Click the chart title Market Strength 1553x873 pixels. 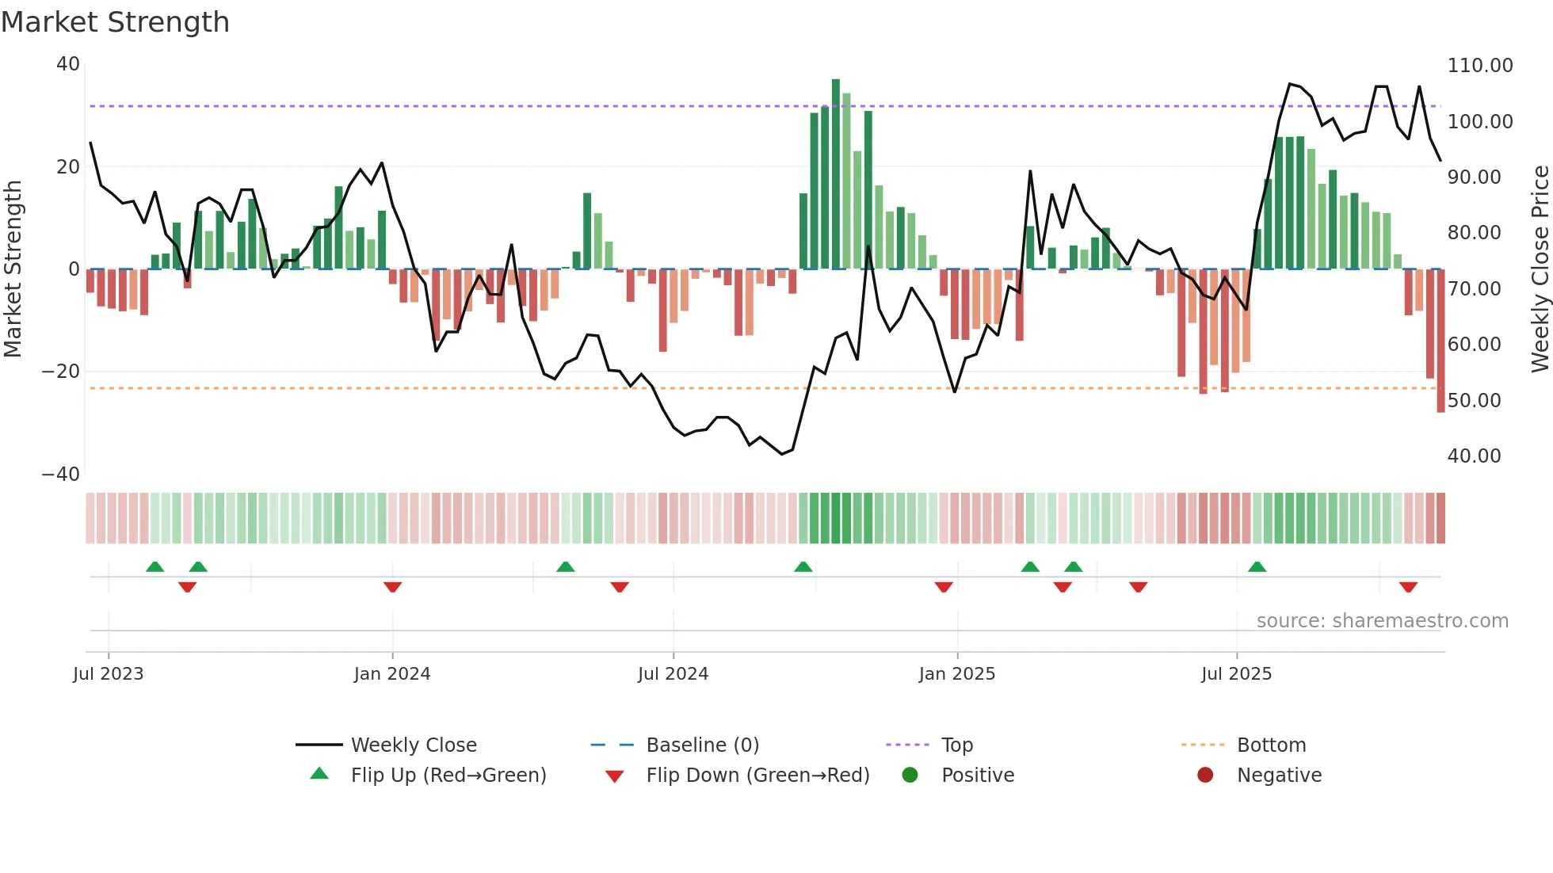[x=115, y=22]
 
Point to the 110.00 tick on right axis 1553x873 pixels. [x=1479, y=66]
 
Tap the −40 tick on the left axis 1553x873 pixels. [x=61, y=475]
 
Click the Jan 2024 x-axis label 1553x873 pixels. [x=392, y=674]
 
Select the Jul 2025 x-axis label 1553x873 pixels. [x=1236, y=674]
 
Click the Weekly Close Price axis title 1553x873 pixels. [x=1540, y=269]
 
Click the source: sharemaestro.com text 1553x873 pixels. [x=1382, y=621]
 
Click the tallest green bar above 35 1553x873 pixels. [x=836, y=174]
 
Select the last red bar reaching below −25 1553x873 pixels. [x=1440, y=341]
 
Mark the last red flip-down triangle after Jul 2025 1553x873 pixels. [x=1408, y=587]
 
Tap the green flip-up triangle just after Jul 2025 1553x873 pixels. [x=1257, y=566]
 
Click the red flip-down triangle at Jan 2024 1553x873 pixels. [x=392, y=587]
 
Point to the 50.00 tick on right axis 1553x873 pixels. [x=1474, y=401]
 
